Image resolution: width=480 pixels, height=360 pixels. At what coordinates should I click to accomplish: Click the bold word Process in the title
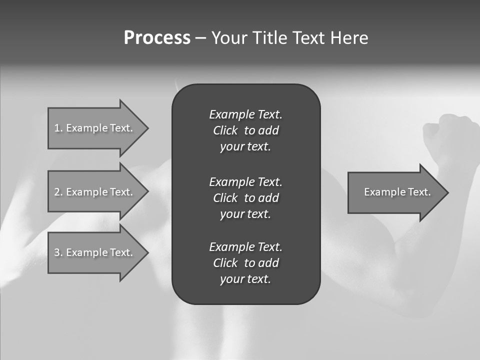tap(157, 38)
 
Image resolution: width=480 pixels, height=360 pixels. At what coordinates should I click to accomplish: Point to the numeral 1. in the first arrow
tap(58, 128)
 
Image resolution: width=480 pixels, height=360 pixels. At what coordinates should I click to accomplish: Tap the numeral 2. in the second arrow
tap(58, 192)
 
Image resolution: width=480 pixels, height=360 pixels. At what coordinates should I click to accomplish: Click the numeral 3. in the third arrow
tap(58, 252)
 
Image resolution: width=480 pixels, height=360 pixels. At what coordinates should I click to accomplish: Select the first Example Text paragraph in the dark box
tap(245, 130)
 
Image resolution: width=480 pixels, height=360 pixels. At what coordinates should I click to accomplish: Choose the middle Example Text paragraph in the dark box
tap(245, 198)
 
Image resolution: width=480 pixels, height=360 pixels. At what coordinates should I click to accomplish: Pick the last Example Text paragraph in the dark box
tap(245, 263)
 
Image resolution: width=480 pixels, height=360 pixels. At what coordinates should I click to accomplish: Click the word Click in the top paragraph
tap(225, 130)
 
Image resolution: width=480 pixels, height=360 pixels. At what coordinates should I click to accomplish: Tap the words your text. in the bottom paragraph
tap(245, 279)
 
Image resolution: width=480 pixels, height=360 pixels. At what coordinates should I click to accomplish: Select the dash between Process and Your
tap(200, 38)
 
